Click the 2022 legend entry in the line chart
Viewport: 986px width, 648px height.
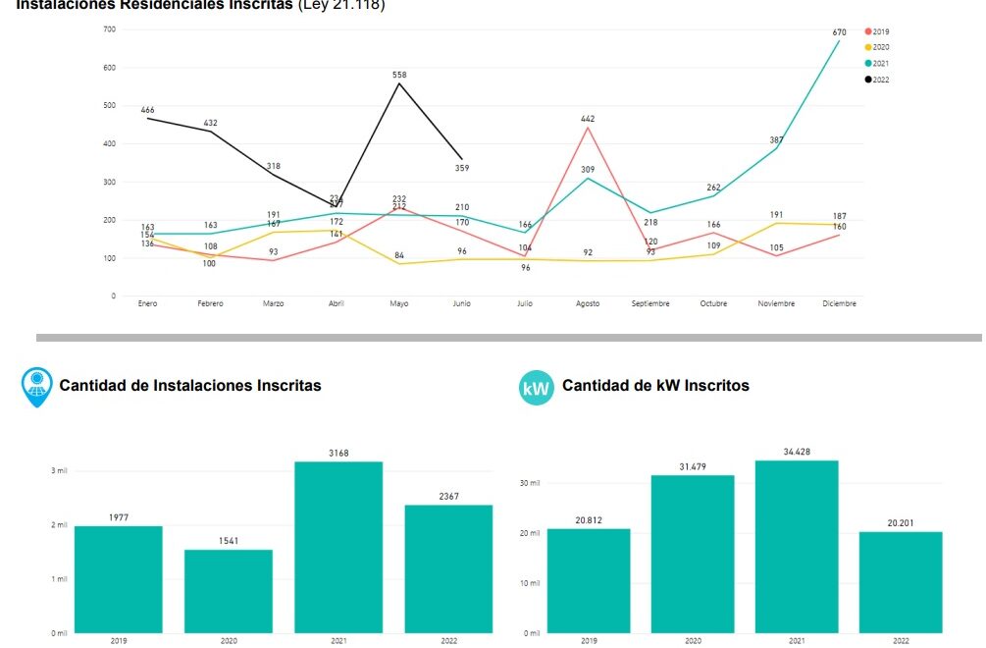point(877,80)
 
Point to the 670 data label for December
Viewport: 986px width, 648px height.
point(839,32)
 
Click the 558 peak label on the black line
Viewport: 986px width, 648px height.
point(399,75)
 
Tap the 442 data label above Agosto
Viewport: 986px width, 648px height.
point(588,119)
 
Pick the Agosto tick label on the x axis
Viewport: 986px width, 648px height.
point(588,303)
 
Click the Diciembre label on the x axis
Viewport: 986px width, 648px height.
point(839,303)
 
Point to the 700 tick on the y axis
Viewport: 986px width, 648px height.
point(110,29)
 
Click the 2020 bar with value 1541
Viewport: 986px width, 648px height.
point(229,590)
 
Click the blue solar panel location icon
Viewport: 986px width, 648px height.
point(37,387)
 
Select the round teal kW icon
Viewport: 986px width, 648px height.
point(537,388)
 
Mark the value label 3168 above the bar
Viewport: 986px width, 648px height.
point(338,454)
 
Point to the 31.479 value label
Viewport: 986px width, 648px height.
point(693,466)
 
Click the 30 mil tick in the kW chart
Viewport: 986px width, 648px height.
point(530,483)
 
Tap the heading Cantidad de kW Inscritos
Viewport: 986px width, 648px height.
point(655,386)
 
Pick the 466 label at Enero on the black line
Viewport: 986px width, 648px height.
point(147,110)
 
